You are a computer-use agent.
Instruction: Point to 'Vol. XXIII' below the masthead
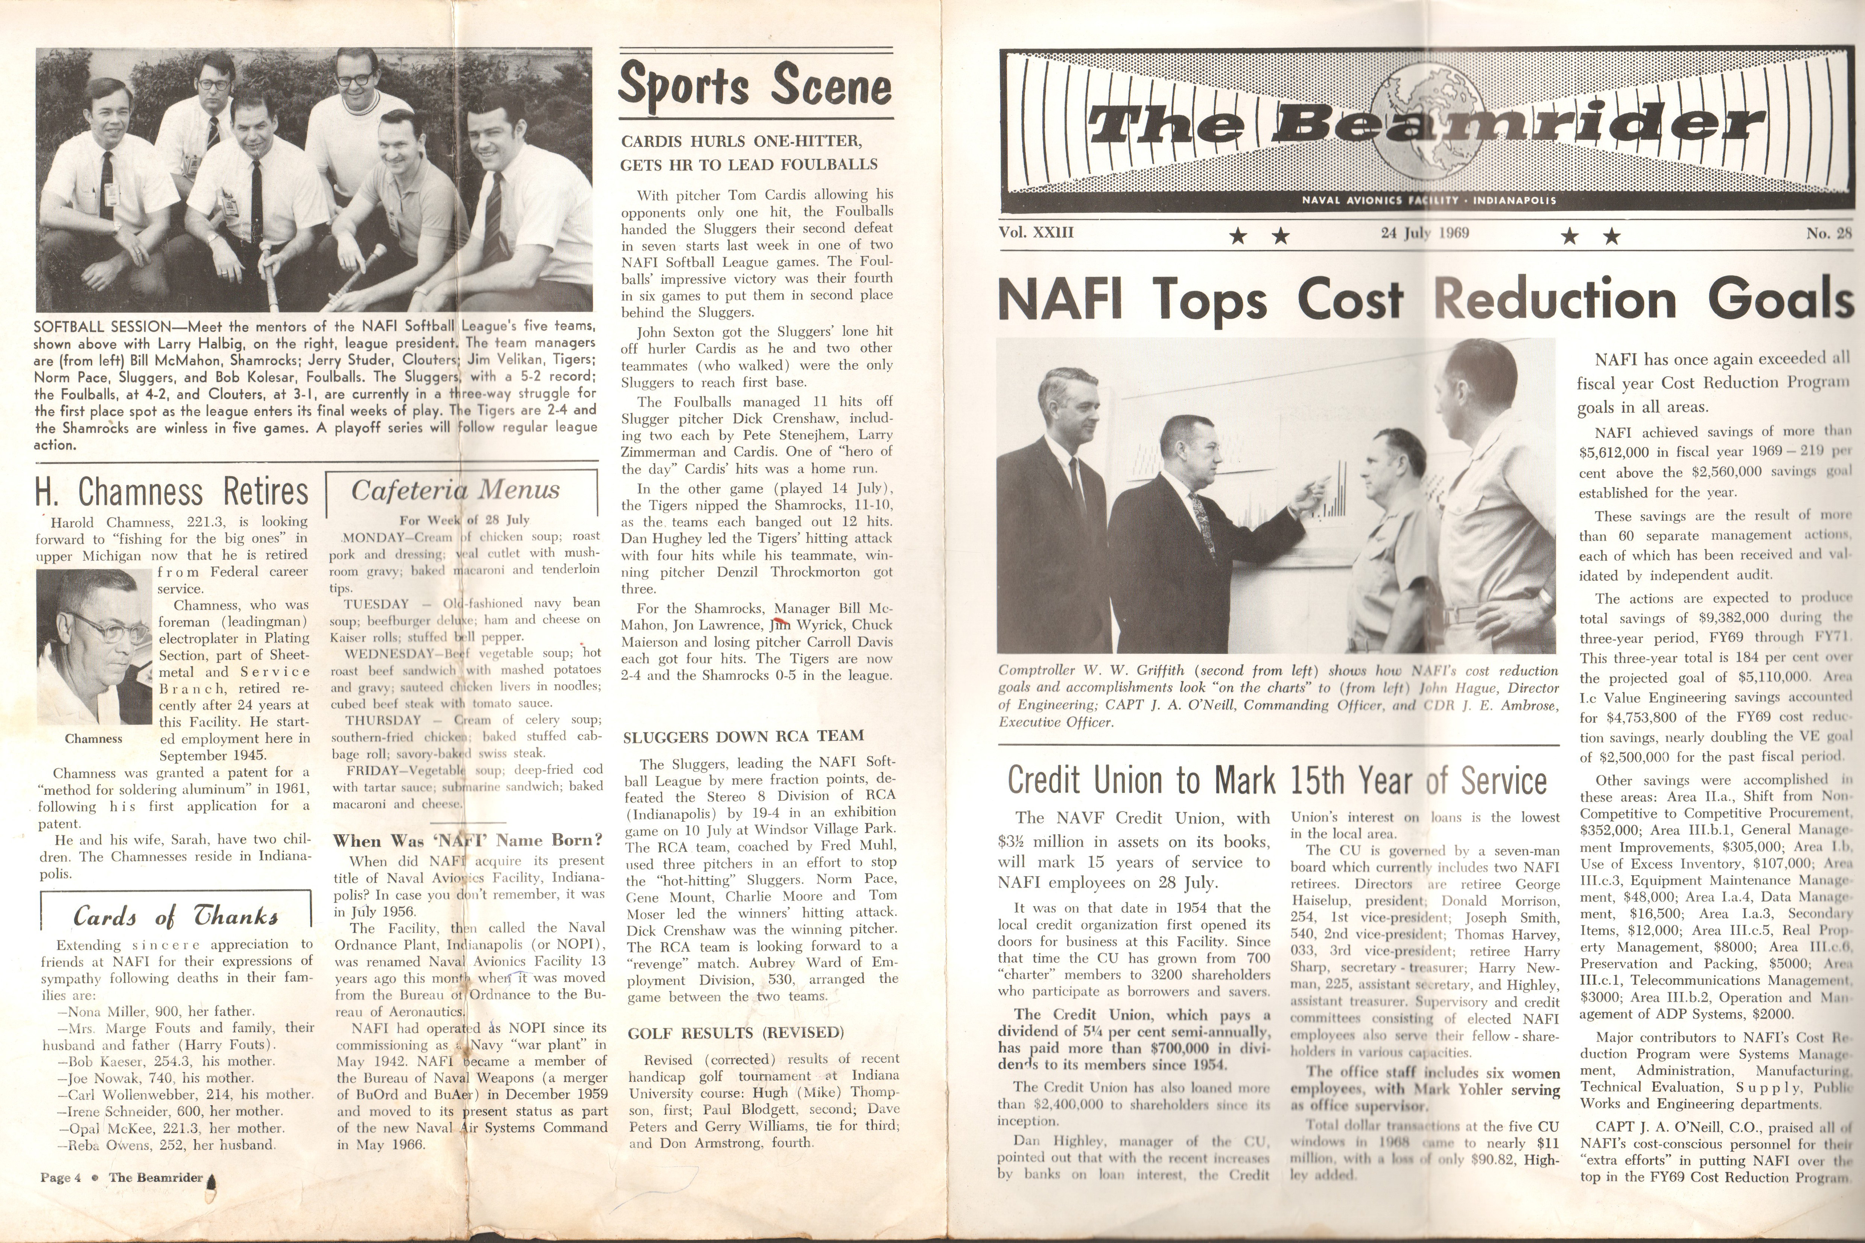click(1036, 233)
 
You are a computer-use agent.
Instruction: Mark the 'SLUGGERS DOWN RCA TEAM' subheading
click(743, 736)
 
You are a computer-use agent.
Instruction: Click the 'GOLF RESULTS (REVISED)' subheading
click(735, 1033)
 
